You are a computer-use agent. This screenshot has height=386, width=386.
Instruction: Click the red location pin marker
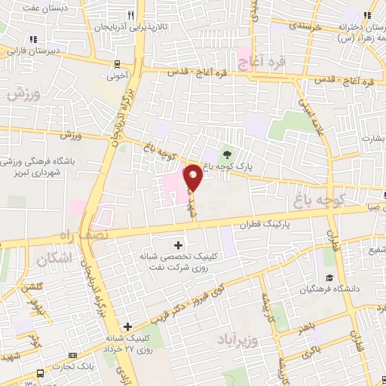(193, 178)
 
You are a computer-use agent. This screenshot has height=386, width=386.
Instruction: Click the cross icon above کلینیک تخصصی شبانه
(178, 245)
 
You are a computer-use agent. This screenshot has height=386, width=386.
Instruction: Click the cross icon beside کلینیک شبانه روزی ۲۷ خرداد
(128, 326)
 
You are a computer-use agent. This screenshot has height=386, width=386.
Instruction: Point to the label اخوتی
(117, 75)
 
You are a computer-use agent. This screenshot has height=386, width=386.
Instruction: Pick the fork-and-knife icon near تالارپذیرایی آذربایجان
(131, 15)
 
